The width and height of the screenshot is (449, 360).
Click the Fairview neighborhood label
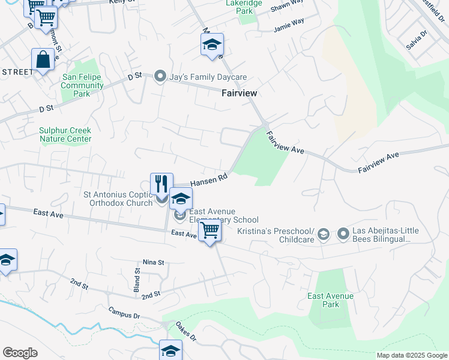pos(239,93)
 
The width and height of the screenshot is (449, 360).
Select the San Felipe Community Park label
pos(83,85)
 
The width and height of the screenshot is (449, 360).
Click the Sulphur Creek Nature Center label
pos(65,134)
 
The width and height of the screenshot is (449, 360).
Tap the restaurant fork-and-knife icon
pos(161,183)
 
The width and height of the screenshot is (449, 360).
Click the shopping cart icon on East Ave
pos(209,230)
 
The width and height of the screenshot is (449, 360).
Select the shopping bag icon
pos(43,59)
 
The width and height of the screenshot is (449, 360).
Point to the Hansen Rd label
pos(209,179)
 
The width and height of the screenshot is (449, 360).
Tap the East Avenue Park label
pos(330,300)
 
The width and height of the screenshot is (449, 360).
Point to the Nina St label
pos(153,262)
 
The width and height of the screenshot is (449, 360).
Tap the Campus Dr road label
pos(124,312)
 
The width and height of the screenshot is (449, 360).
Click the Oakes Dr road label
pos(185,331)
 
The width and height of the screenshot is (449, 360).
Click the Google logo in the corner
pos(20,353)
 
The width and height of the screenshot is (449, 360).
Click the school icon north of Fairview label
pos(212,44)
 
